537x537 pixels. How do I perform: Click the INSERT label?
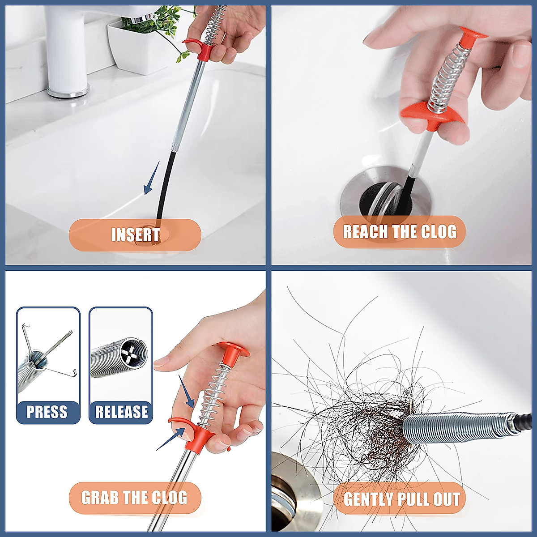click(x=135, y=234)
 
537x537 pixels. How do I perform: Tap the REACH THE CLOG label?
click(x=399, y=232)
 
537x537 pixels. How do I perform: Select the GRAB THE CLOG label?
click(x=134, y=497)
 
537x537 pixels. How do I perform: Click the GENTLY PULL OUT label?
click(x=401, y=499)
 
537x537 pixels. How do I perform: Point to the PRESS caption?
click(x=47, y=412)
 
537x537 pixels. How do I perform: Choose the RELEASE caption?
click(x=121, y=412)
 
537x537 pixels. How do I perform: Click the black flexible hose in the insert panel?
click(x=163, y=188)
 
